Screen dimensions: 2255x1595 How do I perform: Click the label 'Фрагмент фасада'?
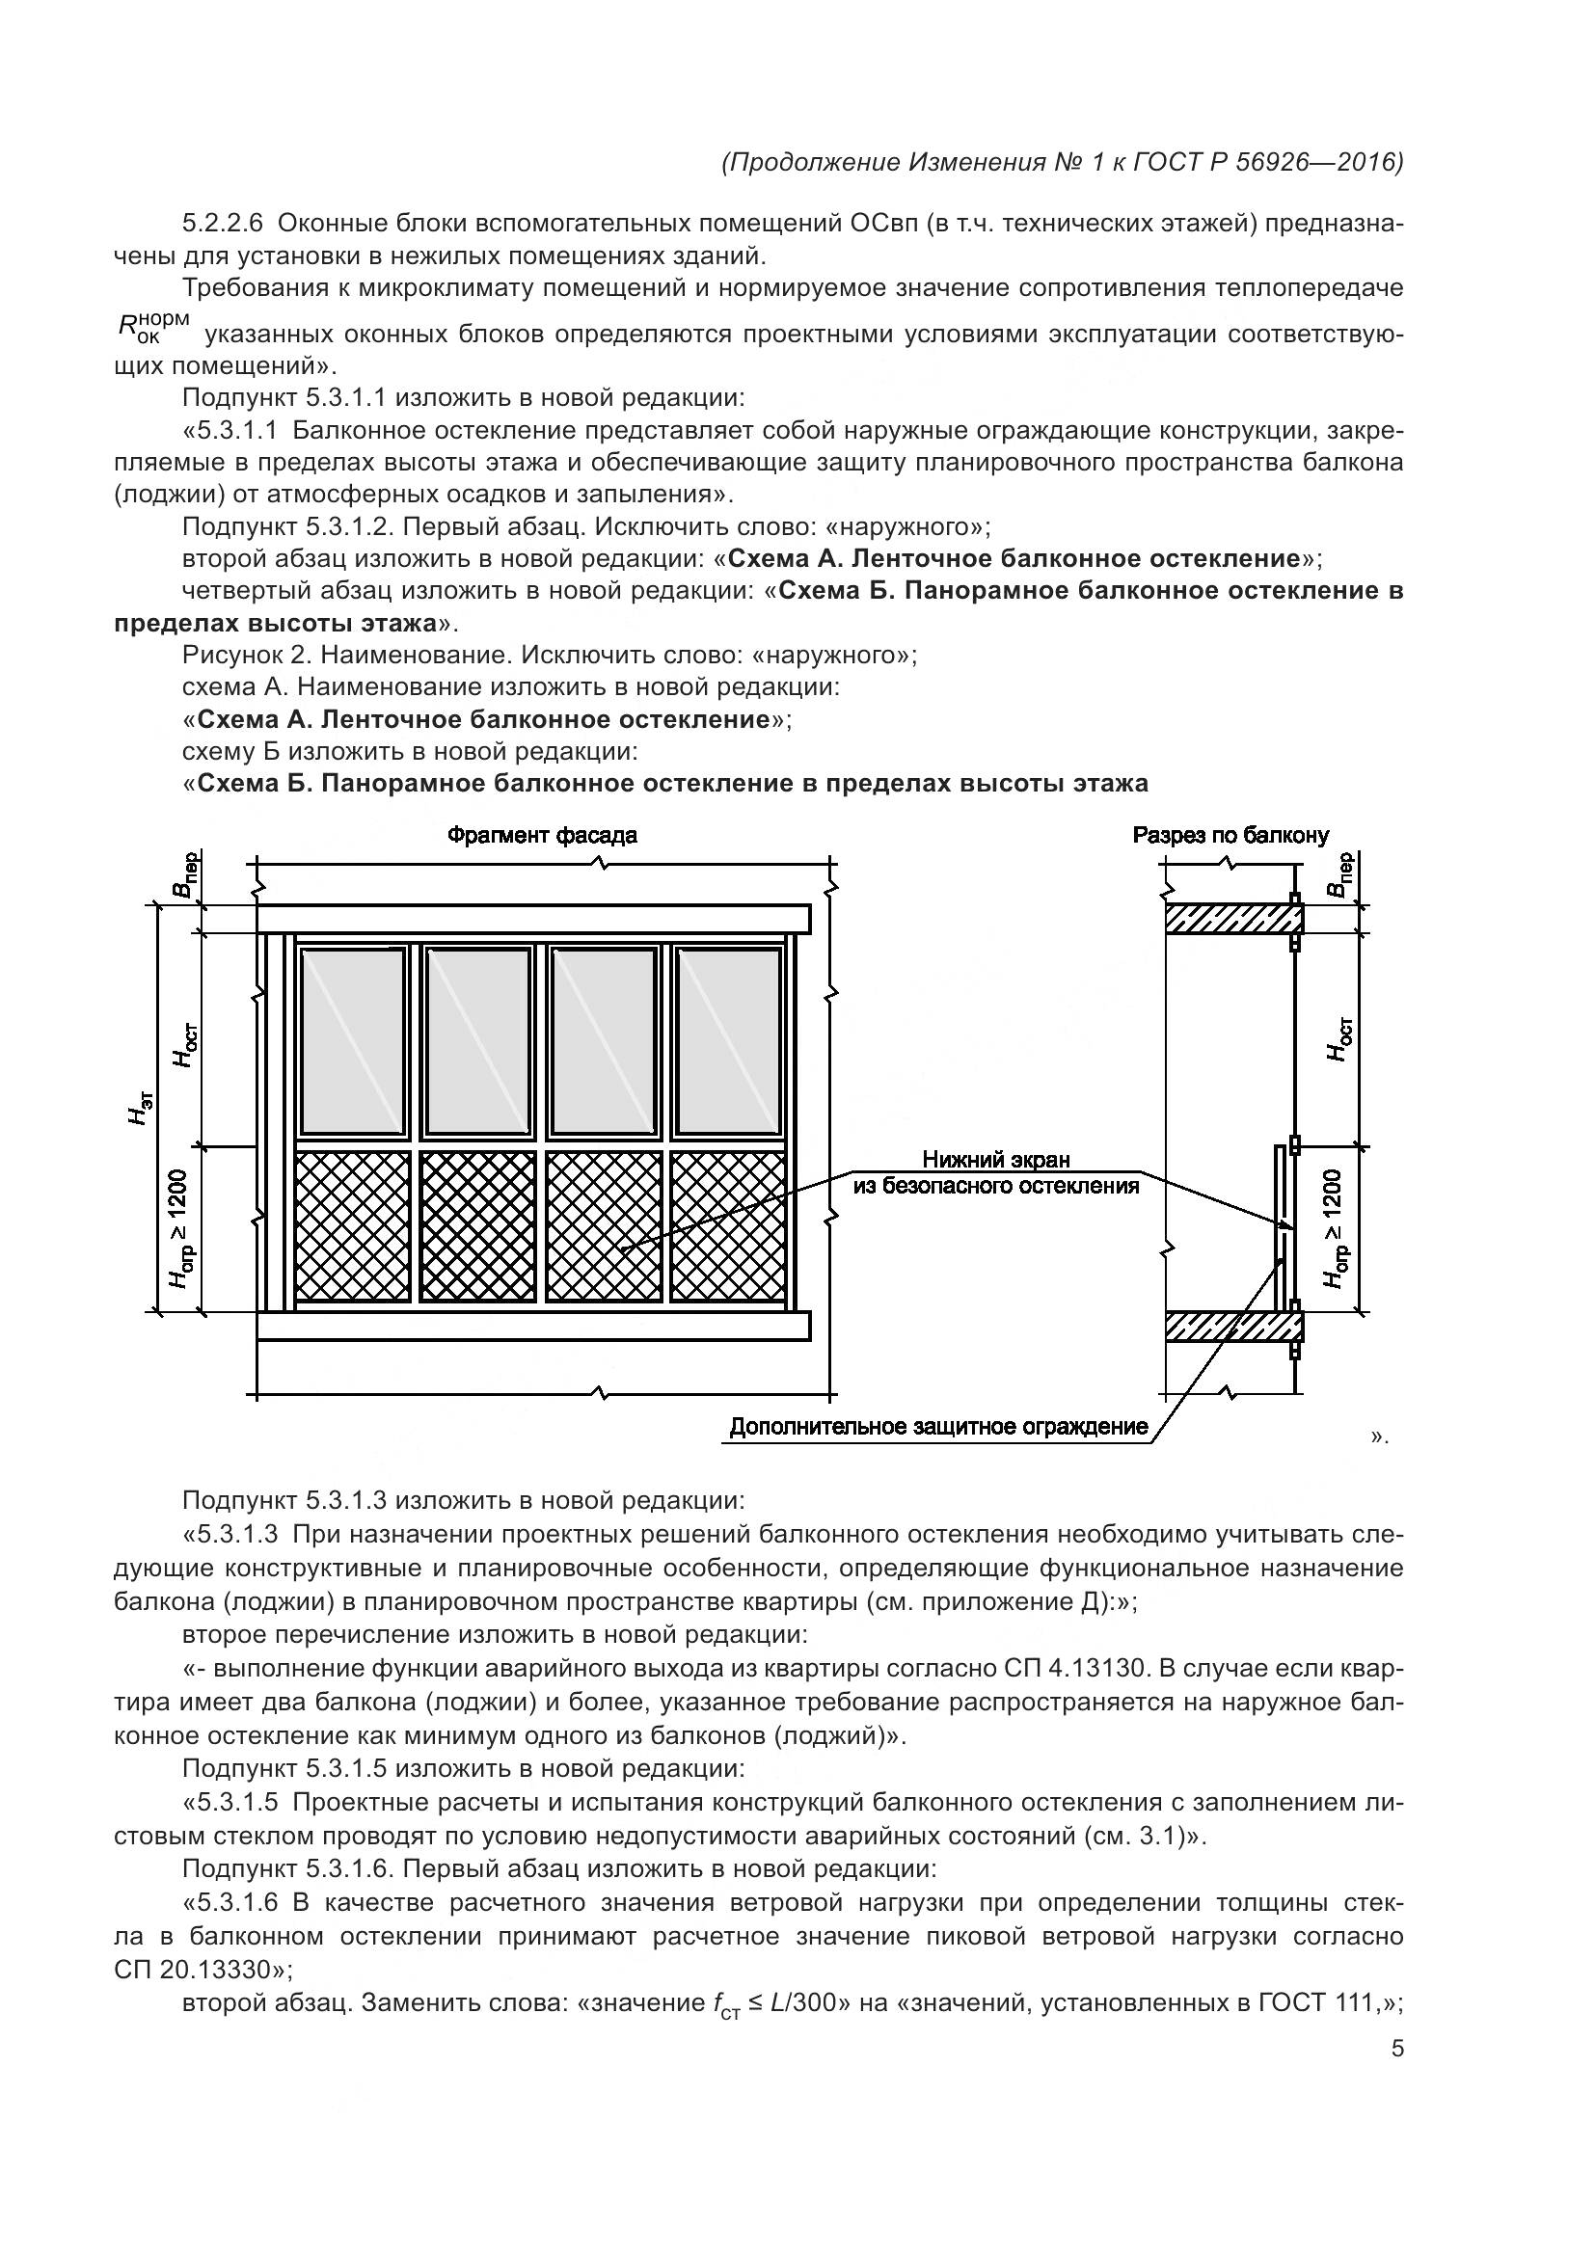tap(542, 836)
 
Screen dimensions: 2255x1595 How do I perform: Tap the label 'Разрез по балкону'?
tap(1230, 836)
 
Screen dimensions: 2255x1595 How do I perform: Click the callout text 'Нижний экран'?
tap(996, 1161)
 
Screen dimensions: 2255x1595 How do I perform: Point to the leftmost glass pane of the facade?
tap(352, 1041)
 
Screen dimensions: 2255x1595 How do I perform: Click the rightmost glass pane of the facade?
tap(728, 1041)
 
